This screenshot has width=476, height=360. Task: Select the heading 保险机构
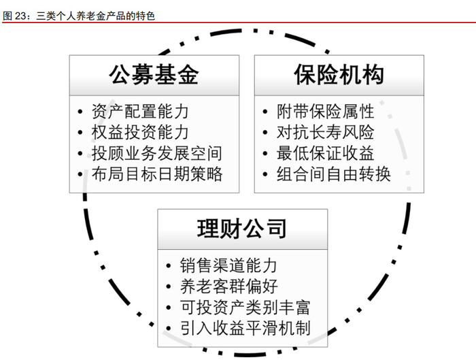click(339, 74)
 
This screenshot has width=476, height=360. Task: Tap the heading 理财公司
click(241, 229)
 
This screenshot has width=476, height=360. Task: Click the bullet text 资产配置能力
click(141, 111)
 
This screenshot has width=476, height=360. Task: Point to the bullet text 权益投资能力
click(141, 132)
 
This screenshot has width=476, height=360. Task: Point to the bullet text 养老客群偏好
click(228, 287)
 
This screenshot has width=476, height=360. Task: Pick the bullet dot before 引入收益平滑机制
click(169, 329)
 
